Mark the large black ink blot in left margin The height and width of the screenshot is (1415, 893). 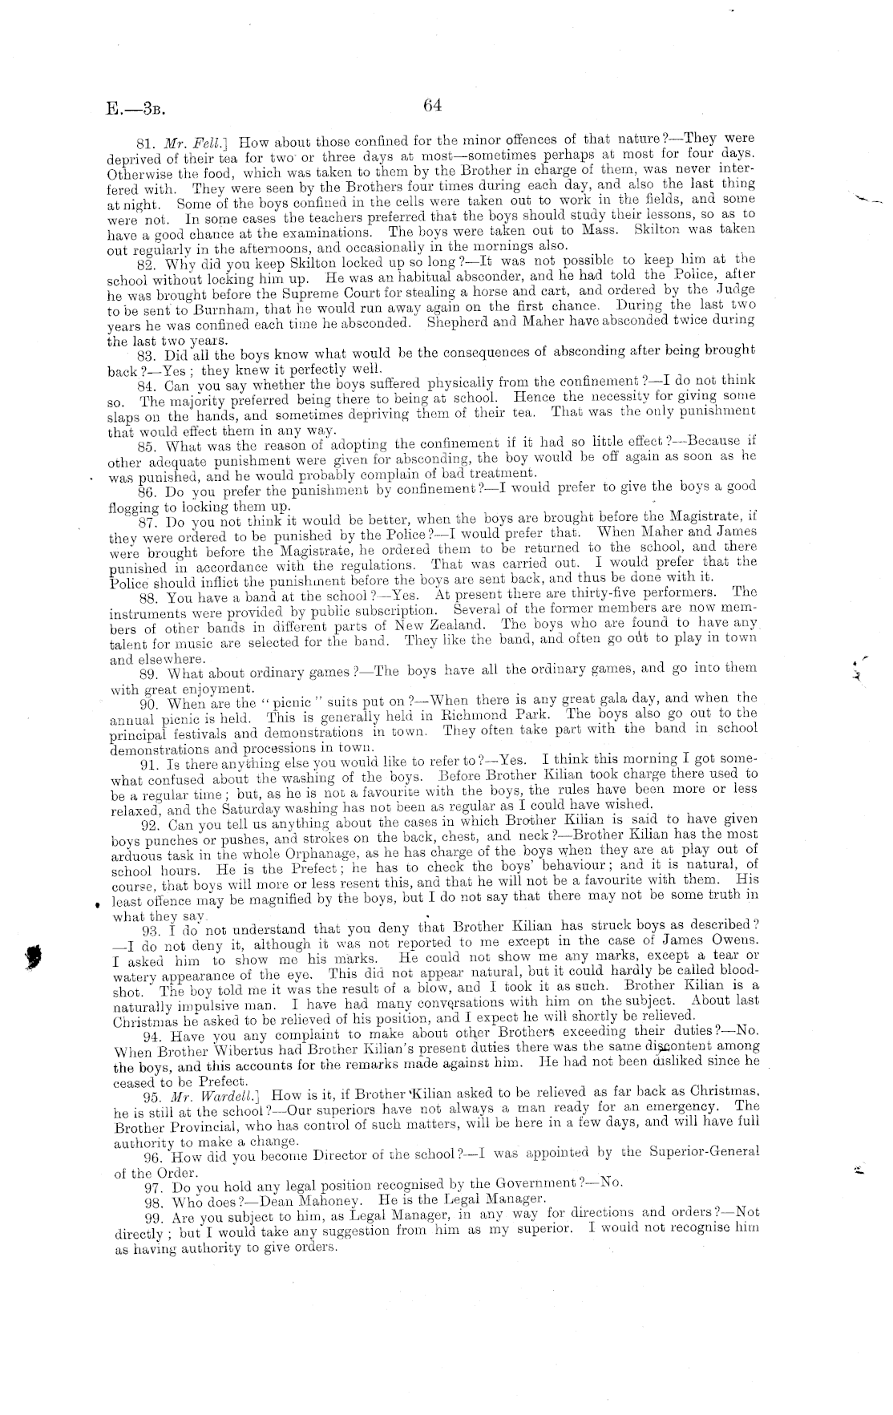(34, 956)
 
